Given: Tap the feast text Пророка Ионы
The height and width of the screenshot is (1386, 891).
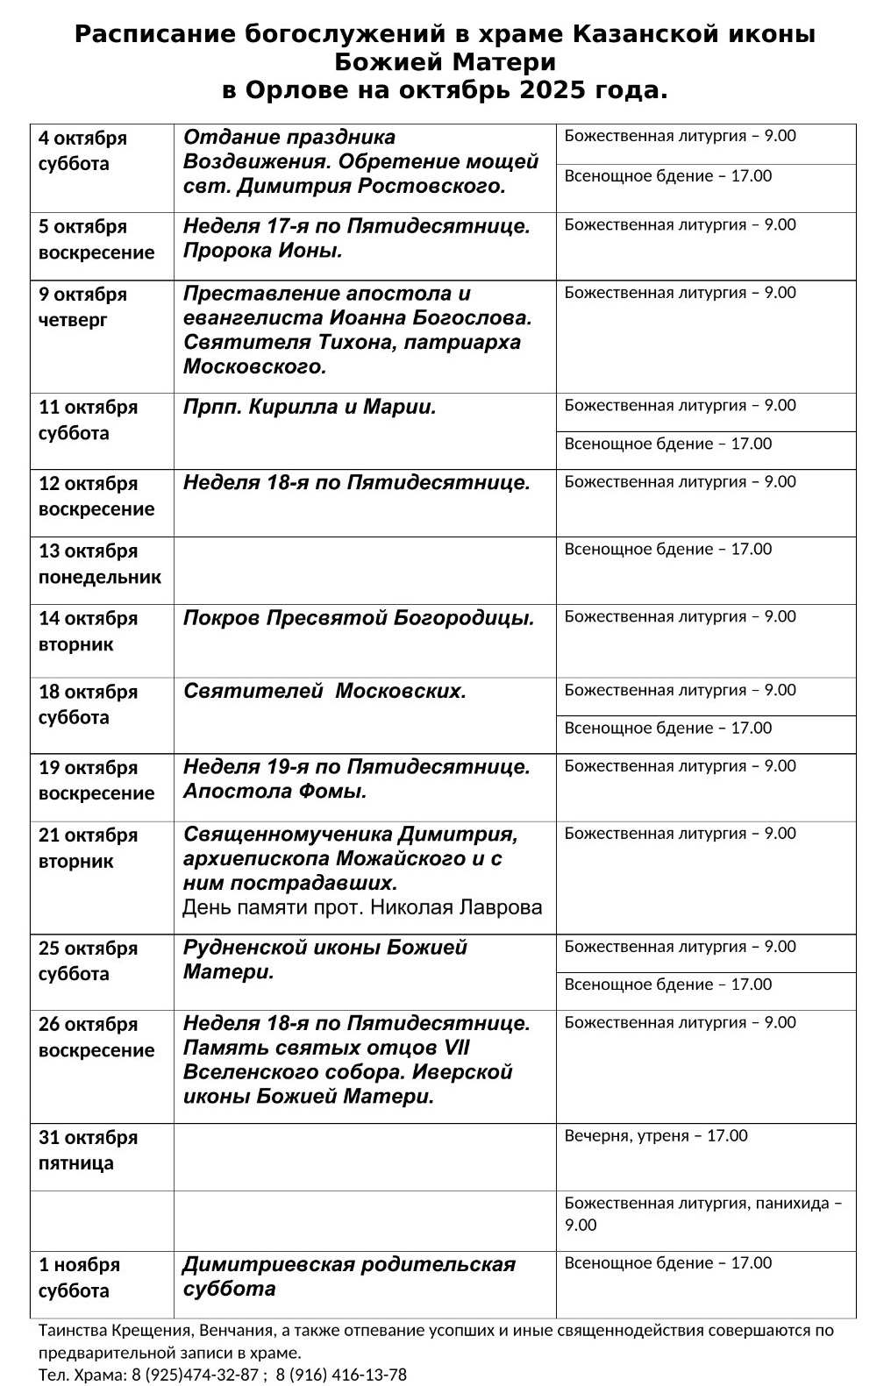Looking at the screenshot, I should [262, 251].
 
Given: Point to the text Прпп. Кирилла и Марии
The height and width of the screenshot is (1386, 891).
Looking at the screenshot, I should [310, 407].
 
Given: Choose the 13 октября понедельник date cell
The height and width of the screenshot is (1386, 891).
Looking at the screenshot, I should [99, 564].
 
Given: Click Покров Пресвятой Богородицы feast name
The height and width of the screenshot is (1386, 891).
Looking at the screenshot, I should [358, 618].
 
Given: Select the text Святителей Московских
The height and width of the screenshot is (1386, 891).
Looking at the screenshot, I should [324, 691].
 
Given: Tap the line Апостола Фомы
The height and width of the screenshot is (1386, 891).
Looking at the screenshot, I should [274, 792].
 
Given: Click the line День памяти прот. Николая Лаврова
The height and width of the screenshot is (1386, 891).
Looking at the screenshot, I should [362, 907].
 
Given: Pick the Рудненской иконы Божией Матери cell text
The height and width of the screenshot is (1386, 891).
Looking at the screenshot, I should [324, 959].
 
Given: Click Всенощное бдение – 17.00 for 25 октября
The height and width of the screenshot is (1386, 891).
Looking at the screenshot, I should [667, 984].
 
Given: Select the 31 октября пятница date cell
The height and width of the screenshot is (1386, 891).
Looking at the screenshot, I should [88, 1150].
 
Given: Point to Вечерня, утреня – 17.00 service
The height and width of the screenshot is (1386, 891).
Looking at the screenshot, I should [655, 1136].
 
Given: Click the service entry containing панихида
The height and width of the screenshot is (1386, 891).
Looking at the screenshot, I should [702, 1213].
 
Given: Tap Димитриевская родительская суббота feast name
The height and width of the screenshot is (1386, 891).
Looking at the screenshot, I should [348, 1276].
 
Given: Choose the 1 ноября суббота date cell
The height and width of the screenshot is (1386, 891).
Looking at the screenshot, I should [79, 1277].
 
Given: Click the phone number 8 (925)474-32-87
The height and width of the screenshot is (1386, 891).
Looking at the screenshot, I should [195, 1375].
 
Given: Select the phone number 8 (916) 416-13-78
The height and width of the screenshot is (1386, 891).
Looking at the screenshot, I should [341, 1375].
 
